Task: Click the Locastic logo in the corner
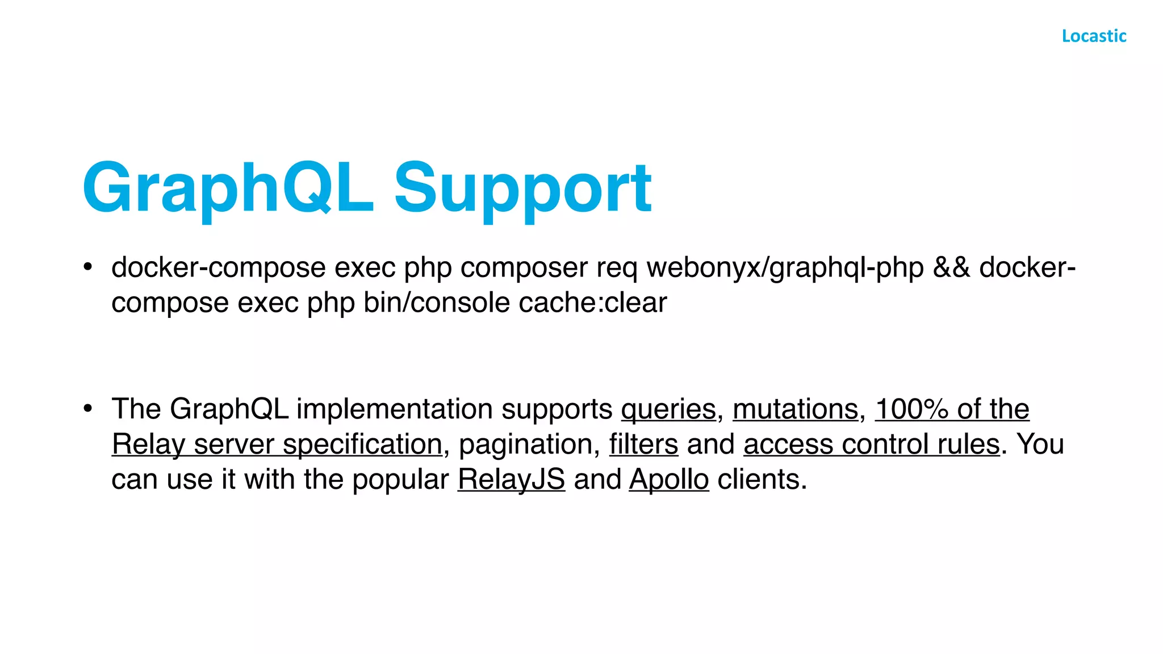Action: pos(1094,36)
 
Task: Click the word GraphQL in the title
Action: pos(227,188)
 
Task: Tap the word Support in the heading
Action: pos(522,188)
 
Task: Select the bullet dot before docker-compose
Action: pos(87,267)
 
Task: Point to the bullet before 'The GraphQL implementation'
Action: pos(87,408)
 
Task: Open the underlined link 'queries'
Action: pos(668,409)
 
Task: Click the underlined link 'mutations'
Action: pos(795,409)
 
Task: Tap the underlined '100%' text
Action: pos(911,409)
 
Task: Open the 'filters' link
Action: pos(643,445)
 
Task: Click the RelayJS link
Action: pos(511,480)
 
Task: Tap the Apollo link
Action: pos(669,480)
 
